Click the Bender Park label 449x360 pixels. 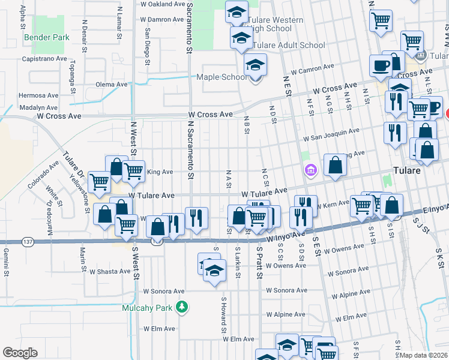click(47, 37)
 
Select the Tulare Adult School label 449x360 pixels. click(289, 45)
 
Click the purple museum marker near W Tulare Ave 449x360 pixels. click(310, 171)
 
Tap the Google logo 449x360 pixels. click(20, 353)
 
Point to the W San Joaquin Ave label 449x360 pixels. click(331, 134)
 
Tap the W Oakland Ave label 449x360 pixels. click(162, 4)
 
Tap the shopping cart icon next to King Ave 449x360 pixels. click(133, 171)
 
